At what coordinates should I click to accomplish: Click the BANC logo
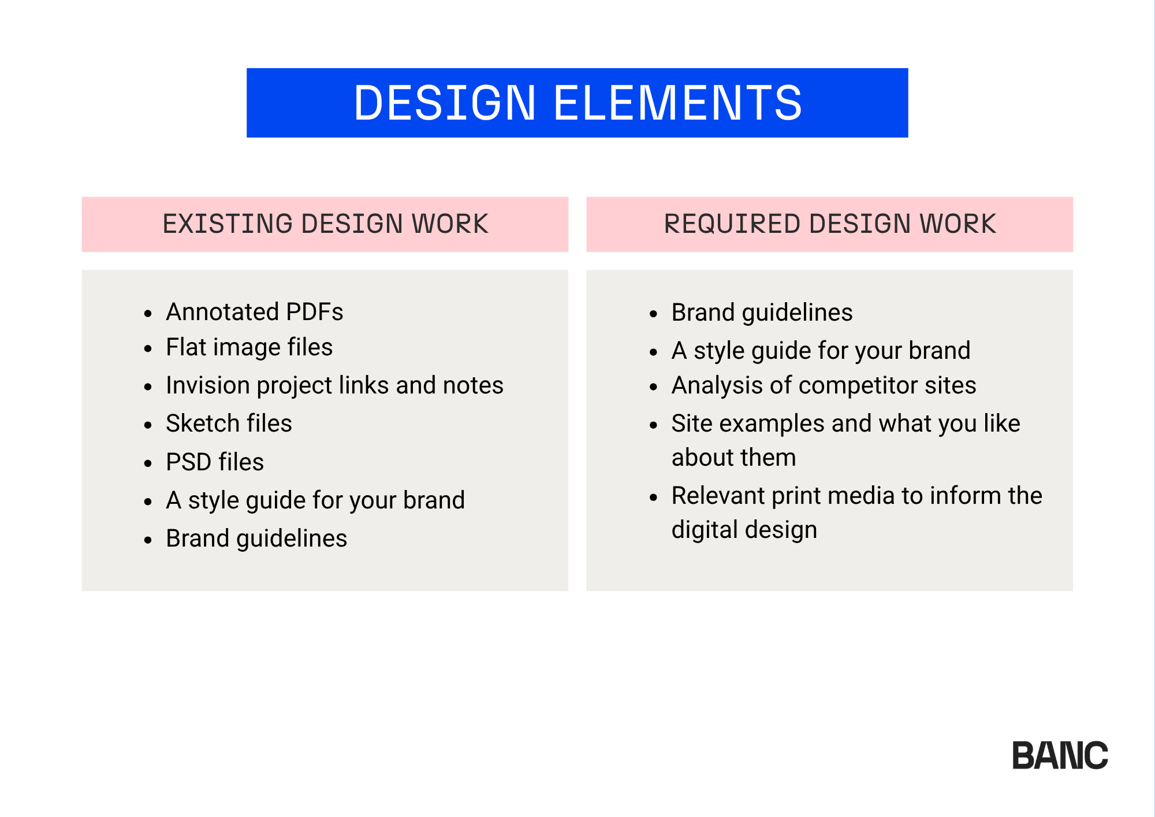click(x=1060, y=755)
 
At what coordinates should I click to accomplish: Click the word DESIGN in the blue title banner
click(x=445, y=103)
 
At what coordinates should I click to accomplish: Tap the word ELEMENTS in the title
click(x=678, y=103)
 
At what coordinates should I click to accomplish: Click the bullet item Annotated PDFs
click(x=255, y=312)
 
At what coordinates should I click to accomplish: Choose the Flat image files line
click(x=249, y=347)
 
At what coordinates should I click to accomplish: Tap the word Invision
click(x=208, y=385)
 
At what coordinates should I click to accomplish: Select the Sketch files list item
click(x=229, y=424)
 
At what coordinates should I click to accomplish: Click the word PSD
click(x=188, y=462)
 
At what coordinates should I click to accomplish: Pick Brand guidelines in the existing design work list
click(x=256, y=539)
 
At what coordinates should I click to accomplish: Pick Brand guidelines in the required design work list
click(x=762, y=313)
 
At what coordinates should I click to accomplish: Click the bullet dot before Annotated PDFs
click(x=148, y=314)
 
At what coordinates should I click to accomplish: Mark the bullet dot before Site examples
click(x=654, y=425)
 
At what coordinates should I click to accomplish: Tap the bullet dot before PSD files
click(x=148, y=463)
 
